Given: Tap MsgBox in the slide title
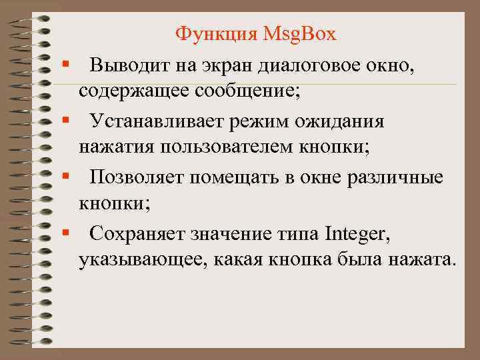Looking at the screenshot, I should click(x=301, y=33).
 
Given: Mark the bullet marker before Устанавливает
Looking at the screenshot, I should click(x=67, y=122).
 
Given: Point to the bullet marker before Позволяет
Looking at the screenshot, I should click(x=67, y=178).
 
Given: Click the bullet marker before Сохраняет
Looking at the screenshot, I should click(x=67, y=233).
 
